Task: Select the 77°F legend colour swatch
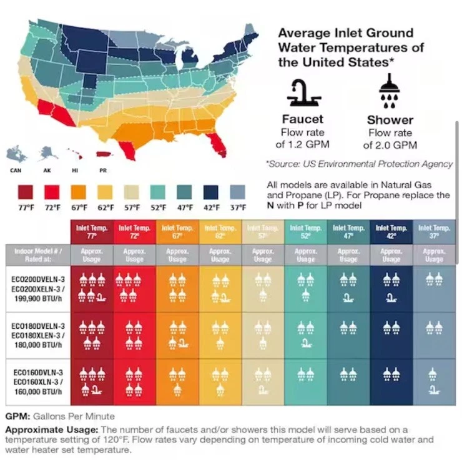click(x=26, y=191)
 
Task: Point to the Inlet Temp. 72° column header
click(x=134, y=232)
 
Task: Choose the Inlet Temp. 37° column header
click(x=434, y=232)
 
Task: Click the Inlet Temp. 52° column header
click(x=305, y=232)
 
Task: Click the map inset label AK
click(x=46, y=170)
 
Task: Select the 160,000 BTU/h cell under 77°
click(x=92, y=383)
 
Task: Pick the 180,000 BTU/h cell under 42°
click(x=391, y=335)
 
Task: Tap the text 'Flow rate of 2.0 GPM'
click(x=390, y=139)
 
